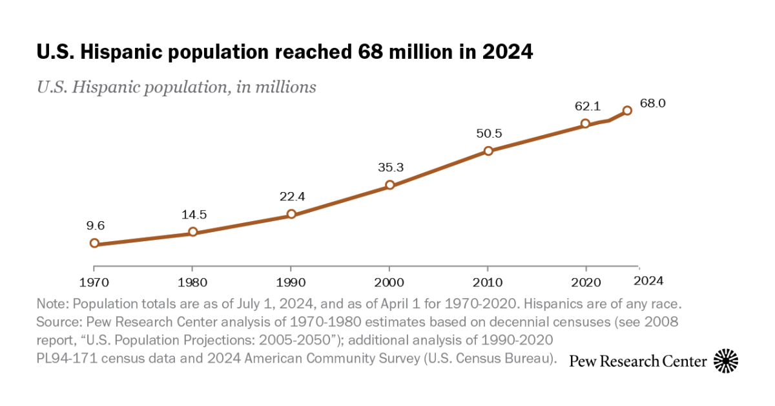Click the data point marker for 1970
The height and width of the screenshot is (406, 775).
pyautogui.click(x=94, y=243)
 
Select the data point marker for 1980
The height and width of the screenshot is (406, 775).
pyautogui.click(x=192, y=232)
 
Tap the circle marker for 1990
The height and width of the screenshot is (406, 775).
pyautogui.click(x=291, y=214)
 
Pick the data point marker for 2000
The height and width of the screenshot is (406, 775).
pyautogui.click(x=389, y=185)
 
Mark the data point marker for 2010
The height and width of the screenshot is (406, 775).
pyautogui.click(x=488, y=151)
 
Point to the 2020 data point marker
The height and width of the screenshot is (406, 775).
pyautogui.click(x=585, y=123)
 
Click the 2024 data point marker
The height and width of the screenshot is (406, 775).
pyautogui.click(x=627, y=111)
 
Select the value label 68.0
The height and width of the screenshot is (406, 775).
pyautogui.click(x=652, y=103)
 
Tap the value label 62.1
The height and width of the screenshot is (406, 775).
pyautogui.click(x=585, y=105)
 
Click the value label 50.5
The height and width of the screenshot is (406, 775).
pyautogui.click(x=488, y=134)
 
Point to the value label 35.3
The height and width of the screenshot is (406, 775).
pyautogui.click(x=391, y=167)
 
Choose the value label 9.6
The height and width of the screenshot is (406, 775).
pyautogui.click(x=96, y=226)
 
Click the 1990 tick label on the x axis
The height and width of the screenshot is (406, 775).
pyautogui.click(x=291, y=283)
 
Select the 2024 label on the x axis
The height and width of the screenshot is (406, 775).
pyautogui.click(x=648, y=281)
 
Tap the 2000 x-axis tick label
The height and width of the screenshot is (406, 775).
pyautogui.click(x=389, y=283)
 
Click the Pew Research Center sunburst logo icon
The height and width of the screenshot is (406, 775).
pyautogui.click(x=726, y=360)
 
